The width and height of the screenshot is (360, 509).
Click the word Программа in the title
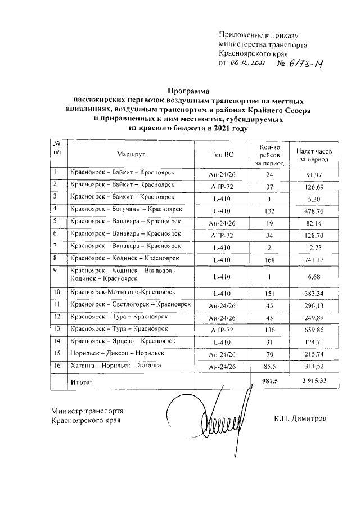click(x=188, y=90)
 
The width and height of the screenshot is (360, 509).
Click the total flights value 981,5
click(x=269, y=383)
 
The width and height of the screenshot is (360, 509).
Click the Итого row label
click(x=80, y=383)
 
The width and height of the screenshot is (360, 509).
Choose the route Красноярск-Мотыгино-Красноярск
click(x=122, y=292)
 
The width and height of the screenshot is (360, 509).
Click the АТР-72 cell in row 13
click(x=221, y=330)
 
